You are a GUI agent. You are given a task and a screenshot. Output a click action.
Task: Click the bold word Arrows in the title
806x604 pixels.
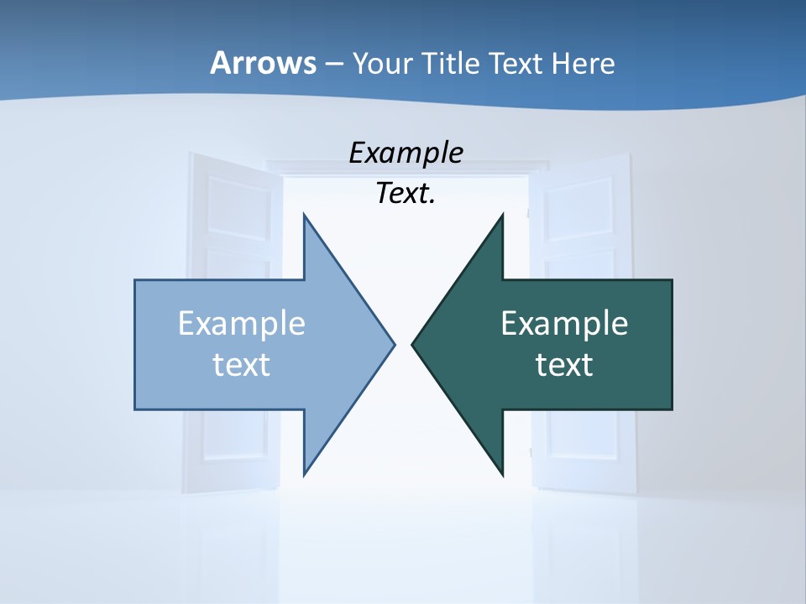pos(262,63)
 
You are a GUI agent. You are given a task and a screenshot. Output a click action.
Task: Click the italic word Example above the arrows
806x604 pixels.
pos(406,153)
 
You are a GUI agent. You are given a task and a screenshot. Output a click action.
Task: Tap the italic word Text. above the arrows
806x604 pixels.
pos(406,193)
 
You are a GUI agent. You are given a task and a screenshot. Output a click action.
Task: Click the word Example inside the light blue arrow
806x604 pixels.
pos(241,324)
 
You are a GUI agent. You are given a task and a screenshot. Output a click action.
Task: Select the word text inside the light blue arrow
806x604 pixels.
pos(241,365)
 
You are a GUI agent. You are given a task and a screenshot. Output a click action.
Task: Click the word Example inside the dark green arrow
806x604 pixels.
pos(564,324)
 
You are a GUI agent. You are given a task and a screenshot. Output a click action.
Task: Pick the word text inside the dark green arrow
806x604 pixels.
pos(564,365)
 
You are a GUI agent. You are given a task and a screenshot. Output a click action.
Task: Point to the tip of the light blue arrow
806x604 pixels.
pos(393,344)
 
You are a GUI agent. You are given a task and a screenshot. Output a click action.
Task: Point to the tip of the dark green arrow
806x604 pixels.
pos(413,344)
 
